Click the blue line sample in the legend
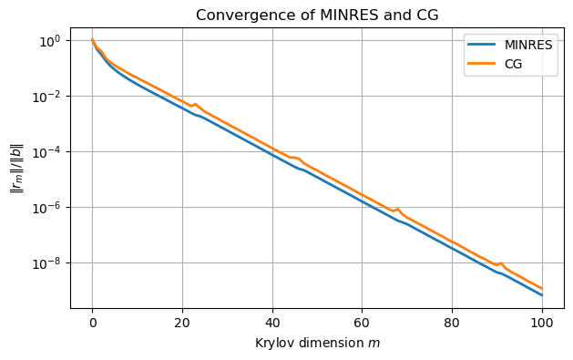[x=482, y=46]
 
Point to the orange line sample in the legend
[x=482, y=63]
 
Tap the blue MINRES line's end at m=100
[x=542, y=295]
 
